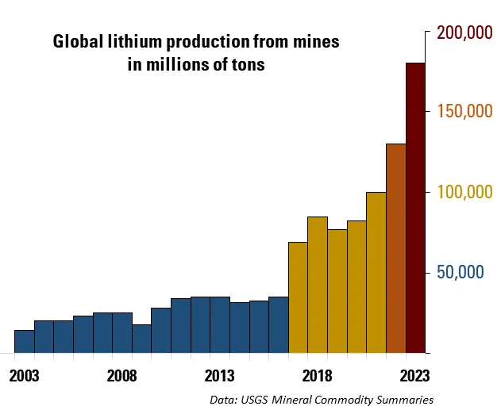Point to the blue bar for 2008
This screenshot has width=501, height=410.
(x=122, y=332)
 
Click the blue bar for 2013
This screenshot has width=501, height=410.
(x=220, y=325)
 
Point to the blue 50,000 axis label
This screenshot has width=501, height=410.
(x=467, y=272)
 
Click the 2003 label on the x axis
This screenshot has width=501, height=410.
(x=25, y=375)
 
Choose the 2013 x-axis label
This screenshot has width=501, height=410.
(x=220, y=375)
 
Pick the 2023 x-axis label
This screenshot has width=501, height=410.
(x=415, y=375)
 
